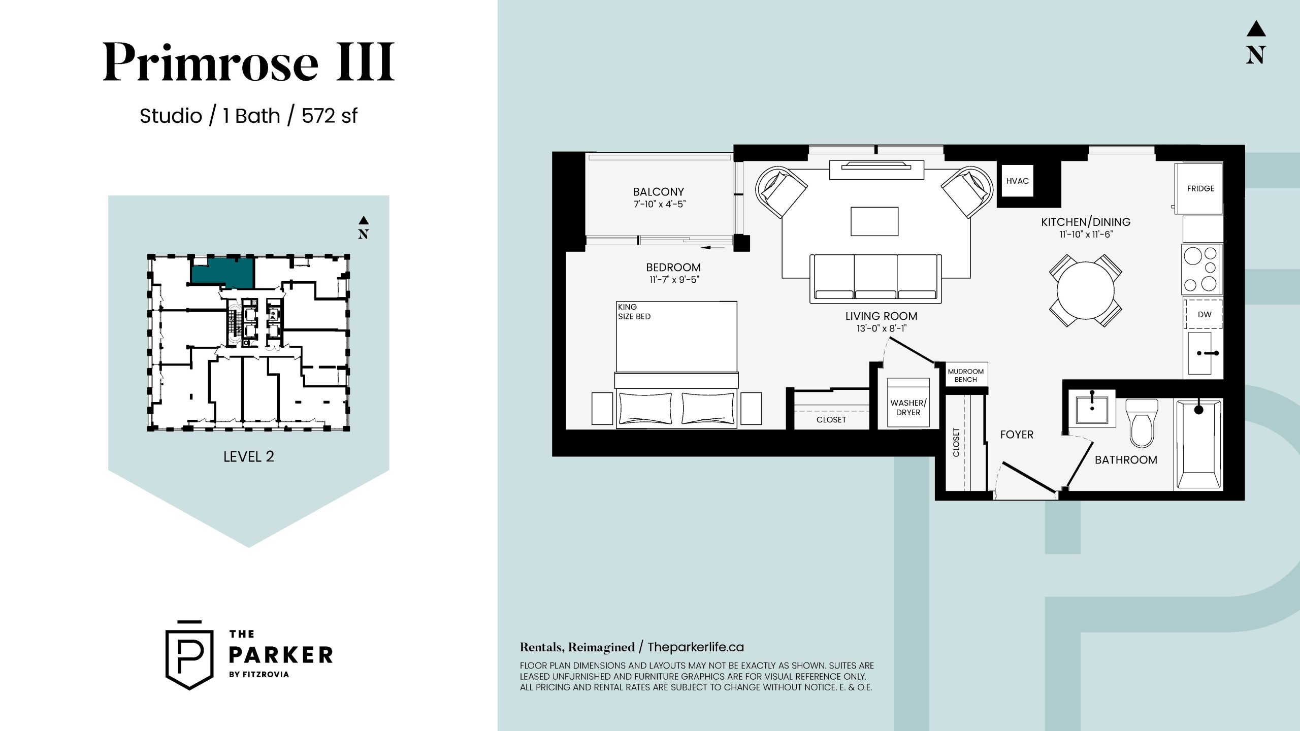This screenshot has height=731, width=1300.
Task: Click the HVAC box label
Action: [x=1017, y=181]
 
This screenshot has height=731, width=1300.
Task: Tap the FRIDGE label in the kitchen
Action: [x=1200, y=189]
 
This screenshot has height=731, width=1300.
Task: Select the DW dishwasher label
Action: [x=1205, y=315]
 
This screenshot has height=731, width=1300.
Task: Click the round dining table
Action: [x=1086, y=290]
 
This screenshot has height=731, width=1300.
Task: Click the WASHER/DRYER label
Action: [x=908, y=408]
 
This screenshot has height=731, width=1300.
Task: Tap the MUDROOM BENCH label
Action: [x=966, y=376]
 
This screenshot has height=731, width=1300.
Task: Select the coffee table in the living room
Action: [x=874, y=221]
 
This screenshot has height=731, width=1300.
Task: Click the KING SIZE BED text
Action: [x=634, y=312]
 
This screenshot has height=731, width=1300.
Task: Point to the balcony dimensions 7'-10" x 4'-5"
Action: [x=659, y=204]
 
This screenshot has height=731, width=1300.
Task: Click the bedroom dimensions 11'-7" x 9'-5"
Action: [x=674, y=280]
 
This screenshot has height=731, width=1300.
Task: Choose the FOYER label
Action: [x=1017, y=435]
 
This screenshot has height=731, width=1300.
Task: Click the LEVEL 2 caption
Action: [x=249, y=457]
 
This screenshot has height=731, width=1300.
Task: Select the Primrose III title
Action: [x=249, y=62]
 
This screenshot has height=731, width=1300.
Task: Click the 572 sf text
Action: [x=330, y=116]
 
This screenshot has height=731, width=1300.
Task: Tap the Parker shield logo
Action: [x=189, y=655]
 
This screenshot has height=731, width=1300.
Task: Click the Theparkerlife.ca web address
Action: [x=696, y=647]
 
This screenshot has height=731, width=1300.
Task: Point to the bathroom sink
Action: [x=1092, y=407]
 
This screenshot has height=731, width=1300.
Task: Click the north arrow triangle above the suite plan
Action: [x=1256, y=29]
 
